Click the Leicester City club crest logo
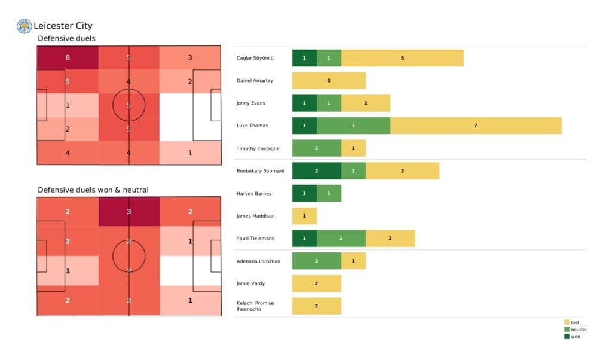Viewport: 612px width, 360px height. pyautogui.click(x=24, y=26)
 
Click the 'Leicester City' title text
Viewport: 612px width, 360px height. pyautogui.click(x=63, y=26)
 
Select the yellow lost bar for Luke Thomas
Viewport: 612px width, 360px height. pyautogui.click(x=476, y=126)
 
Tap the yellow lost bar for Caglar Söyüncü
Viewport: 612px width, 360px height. pyautogui.click(x=402, y=58)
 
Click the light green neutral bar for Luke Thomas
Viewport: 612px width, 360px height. pyautogui.click(x=353, y=126)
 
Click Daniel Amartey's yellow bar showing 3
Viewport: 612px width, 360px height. pyautogui.click(x=329, y=81)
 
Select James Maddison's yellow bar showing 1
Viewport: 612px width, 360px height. pyautogui.click(x=304, y=216)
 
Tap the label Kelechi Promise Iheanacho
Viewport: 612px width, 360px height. pyautogui.click(x=255, y=306)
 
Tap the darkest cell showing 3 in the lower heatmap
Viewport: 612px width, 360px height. pyautogui.click(x=129, y=212)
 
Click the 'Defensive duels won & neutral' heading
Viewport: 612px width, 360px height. pyautogui.click(x=93, y=190)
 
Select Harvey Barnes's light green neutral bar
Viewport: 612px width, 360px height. pyautogui.click(x=329, y=194)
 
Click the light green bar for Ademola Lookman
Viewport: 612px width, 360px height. pyautogui.click(x=316, y=261)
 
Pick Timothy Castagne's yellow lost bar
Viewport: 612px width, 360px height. pyautogui.click(x=353, y=148)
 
